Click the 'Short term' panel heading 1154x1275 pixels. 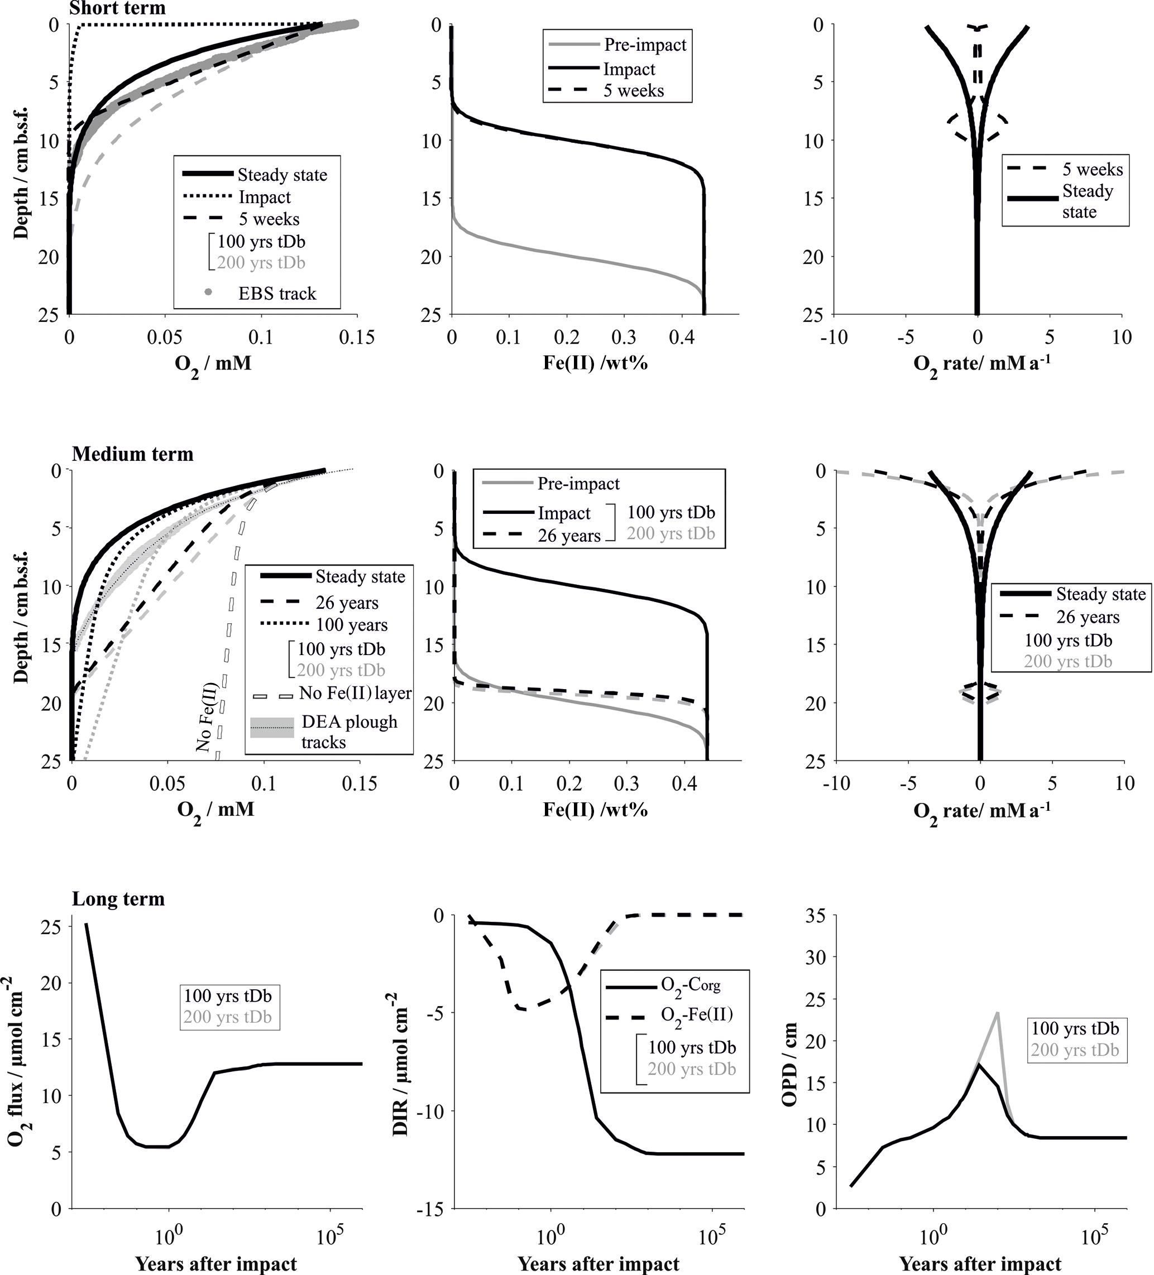tap(117, 8)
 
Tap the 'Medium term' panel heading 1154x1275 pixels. tap(132, 454)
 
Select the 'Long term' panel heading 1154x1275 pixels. tap(118, 899)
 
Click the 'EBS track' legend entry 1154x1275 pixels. tap(276, 294)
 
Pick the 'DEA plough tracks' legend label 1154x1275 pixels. tap(349, 732)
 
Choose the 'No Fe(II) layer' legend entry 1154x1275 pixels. tap(355, 693)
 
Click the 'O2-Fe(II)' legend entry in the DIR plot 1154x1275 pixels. tap(697, 1014)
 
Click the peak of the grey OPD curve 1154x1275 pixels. tap(997, 1013)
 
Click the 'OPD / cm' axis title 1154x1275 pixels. tap(789, 1065)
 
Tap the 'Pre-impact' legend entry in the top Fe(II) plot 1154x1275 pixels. tap(645, 45)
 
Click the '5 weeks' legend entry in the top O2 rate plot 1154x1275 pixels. tap(1093, 170)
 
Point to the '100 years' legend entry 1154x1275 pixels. tap(352, 625)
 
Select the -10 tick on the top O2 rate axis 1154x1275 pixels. tap(834, 337)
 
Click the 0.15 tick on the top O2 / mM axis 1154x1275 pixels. tap(357, 337)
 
